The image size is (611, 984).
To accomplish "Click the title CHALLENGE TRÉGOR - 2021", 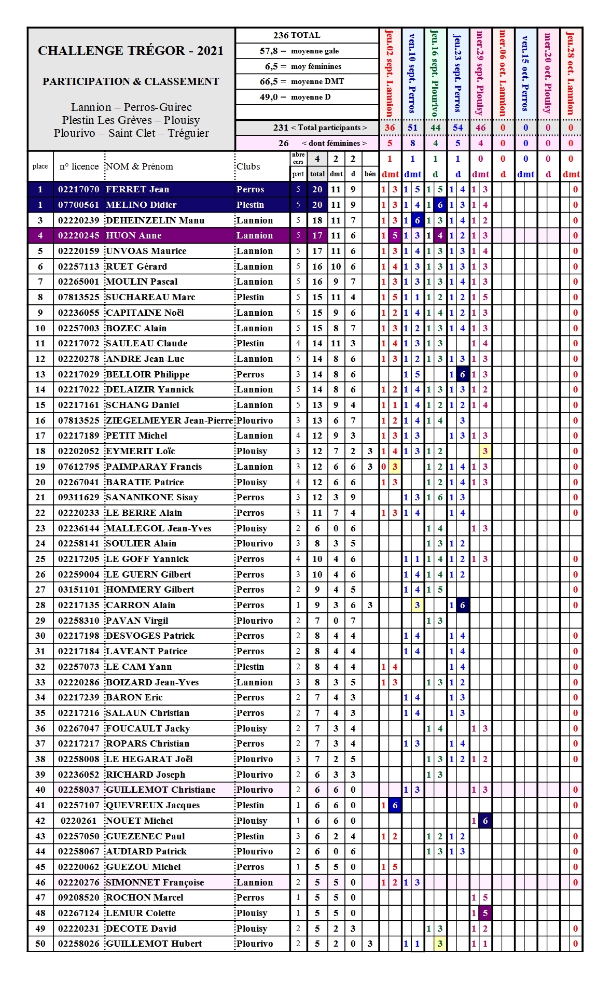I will click(x=131, y=51).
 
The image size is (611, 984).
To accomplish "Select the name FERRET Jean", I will click(x=137, y=189).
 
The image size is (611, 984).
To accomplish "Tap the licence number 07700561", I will click(x=78, y=205).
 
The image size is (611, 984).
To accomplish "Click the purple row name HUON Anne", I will click(x=134, y=235).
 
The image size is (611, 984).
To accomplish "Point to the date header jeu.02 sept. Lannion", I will click(x=390, y=73).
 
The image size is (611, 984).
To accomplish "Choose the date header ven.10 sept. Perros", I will click(x=412, y=73).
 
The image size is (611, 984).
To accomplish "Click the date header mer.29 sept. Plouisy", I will click(x=480, y=73).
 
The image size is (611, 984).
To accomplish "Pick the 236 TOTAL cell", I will click(x=297, y=35).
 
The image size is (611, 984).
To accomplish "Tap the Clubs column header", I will click(x=248, y=166).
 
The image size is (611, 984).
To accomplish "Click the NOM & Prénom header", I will click(x=140, y=166).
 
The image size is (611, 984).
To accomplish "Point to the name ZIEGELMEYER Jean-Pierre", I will click(x=169, y=420).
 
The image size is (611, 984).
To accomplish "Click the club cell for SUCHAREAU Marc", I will click(x=251, y=297).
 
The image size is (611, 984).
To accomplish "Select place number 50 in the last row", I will click(x=40, y=944).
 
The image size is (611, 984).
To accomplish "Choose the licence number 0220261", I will click(x=78, y=821).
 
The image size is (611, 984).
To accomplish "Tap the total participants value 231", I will click(x=281, y=128).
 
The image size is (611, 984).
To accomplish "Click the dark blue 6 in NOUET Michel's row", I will click(x=485, y=821).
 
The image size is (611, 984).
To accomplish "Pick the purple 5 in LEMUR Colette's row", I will click(x=485, y=913).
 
